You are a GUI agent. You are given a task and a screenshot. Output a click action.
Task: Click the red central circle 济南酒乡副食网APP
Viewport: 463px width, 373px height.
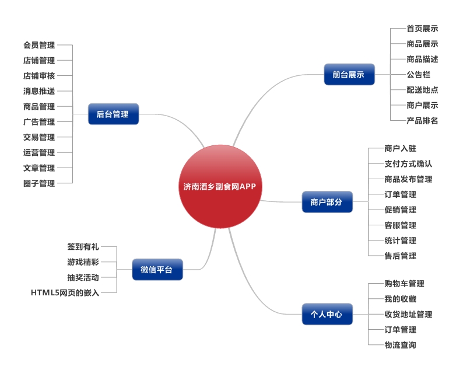[x=219, y=187]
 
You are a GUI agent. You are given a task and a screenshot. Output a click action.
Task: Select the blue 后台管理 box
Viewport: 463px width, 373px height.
[x=114, y=114]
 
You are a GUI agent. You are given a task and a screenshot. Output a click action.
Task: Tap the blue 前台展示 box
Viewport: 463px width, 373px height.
[x=349, y=75]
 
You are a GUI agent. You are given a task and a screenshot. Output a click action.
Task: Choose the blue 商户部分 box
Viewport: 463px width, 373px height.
[x=327, y=202]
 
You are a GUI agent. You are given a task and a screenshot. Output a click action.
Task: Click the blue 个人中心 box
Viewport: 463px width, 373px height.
[x=327, y=314]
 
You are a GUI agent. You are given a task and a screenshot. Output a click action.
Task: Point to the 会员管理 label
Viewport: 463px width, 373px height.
[x=39, y=45]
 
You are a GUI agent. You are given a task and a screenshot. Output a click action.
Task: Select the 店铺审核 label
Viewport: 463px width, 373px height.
[x=39, y=76]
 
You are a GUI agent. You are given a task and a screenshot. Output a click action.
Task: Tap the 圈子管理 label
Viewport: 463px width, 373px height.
[x=39, y=183]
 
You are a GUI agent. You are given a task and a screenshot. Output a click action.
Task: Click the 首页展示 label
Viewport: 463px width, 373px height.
[x=422, y=29]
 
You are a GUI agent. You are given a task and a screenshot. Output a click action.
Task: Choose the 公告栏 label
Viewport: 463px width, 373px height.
[x=418, y=75]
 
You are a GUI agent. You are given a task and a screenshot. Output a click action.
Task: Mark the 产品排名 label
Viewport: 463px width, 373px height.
[x=422, y=121]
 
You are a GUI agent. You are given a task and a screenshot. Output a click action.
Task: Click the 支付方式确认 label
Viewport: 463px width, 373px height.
[x=408, y=164]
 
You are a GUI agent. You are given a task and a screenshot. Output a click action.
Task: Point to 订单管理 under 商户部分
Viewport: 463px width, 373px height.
[x=400, y=194]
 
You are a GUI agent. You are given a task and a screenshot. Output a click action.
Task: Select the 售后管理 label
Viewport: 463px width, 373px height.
[x=400, y=256]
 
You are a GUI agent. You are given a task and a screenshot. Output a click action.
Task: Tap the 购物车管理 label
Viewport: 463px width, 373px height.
[x=404, y=284]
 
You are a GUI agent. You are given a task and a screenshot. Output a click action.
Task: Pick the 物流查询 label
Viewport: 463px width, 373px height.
[x=400, y=345]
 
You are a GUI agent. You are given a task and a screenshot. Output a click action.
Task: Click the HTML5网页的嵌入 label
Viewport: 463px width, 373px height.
[x=65, y=292]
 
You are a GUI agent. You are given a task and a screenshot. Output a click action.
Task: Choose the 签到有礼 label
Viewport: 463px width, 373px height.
[x=83, y=247]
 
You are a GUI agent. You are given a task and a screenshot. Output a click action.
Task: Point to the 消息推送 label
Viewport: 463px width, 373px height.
[x=39, y=91]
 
